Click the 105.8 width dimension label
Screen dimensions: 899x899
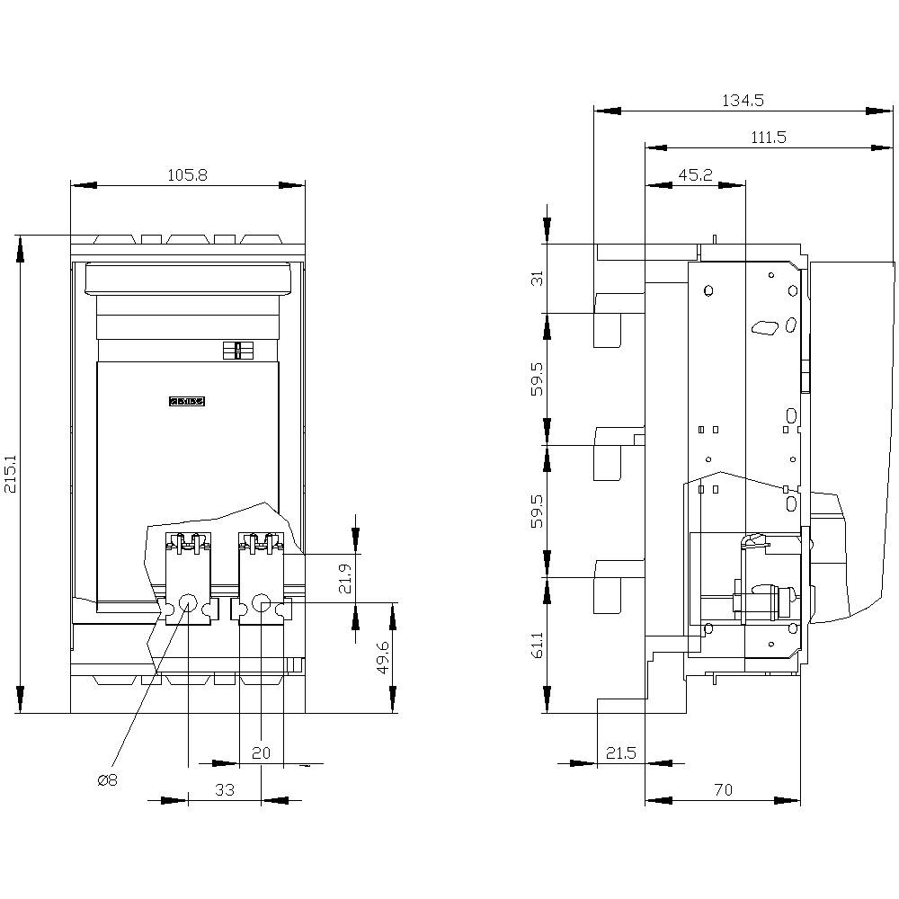(188, 175)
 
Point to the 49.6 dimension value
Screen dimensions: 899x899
(382, 657)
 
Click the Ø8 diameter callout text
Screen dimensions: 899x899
(107, 780)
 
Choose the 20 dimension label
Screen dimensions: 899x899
(261, 753)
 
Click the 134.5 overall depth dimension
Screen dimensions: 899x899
(743, 101)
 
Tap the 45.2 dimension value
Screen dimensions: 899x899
(695, 175)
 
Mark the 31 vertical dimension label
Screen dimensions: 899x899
(537, 278)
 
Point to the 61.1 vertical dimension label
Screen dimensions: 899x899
(537, 644)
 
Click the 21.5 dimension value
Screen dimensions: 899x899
(620, 753)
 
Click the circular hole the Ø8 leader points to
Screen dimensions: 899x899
(188, 602)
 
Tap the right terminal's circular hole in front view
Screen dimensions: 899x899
(261, 602)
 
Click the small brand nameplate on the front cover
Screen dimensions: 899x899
(187, 402)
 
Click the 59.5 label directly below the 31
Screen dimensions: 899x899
(537, 378)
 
